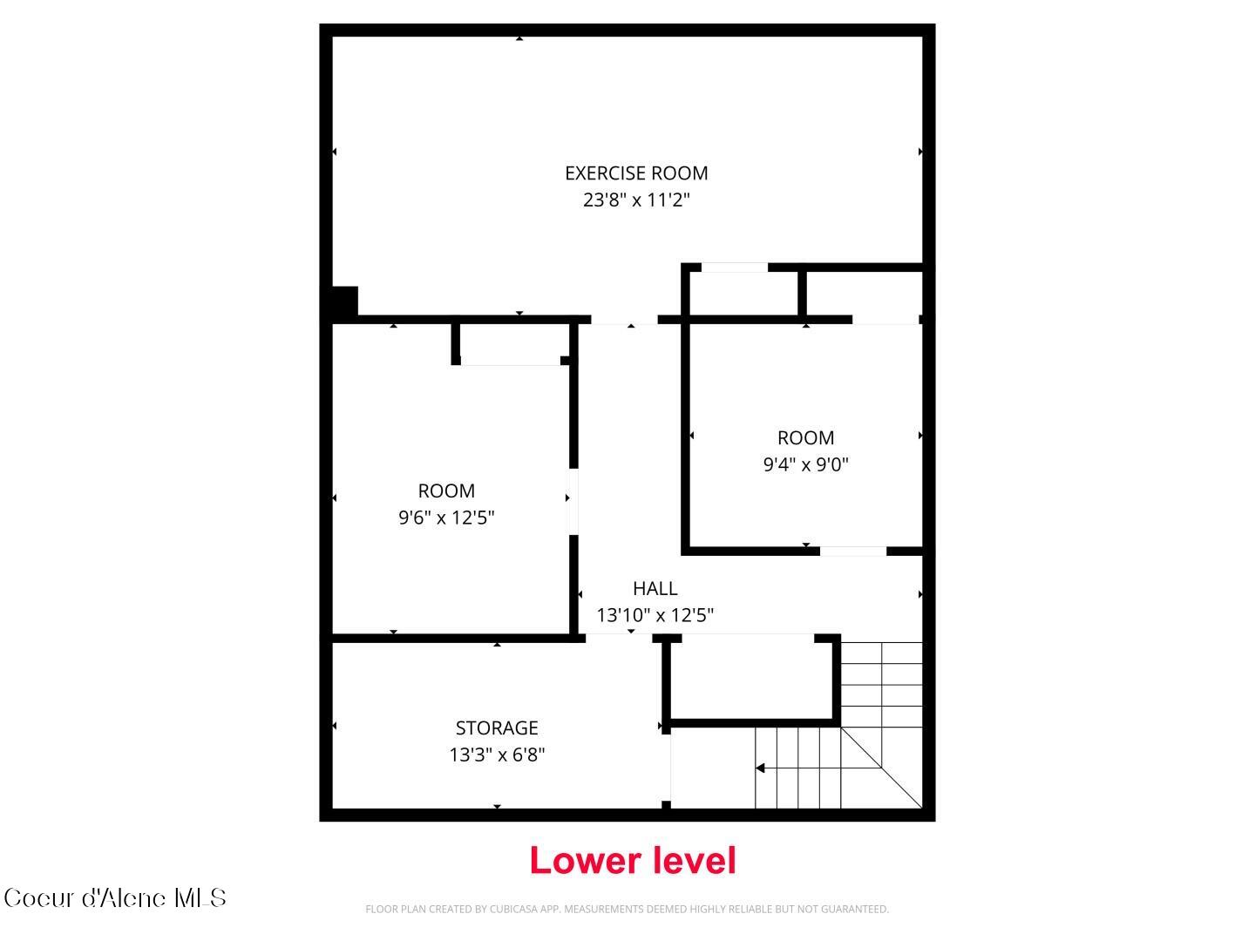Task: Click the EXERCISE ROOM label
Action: pyautogui.click(x=636, y=173)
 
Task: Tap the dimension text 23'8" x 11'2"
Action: pyautogui.click(x=636, y=200)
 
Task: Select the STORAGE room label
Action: pyautogui.click(x=497, y=728)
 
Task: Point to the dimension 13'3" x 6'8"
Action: pyautogui.click(x=497, y=755)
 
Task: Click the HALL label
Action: pyautogui.click(x=655, y=588)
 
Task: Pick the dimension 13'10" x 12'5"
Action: pyautogui.click(x=655, y=615)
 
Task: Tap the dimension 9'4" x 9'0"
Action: pyautogui.click(x=805, y=464)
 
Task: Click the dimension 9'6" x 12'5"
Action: pyautogui.click(x=446, y=518)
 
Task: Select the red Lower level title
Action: pyautogui.click(x=633, y=861)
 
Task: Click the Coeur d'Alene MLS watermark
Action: pyautogui.click(x=115, y=898)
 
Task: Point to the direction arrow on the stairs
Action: pyautogui.click(x=761, y=768)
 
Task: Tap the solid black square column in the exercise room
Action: pyautogui.click(x=345, y=302)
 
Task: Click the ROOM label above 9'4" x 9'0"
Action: pyautogui.click(x=805, y=437)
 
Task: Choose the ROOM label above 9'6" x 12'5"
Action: pyautogui.click(x=446, y=491)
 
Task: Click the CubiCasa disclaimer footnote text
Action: pyautogui.click(x=627, y=910)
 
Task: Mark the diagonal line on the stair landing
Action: pyautogui.click(x=882, y=767)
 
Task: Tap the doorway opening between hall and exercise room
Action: pyautogui.click(x=624, y=320)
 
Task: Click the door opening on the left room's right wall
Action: pyautogui.click(x=573, y=502)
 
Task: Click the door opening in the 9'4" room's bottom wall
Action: pyautogui.click(x=853, y=551)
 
